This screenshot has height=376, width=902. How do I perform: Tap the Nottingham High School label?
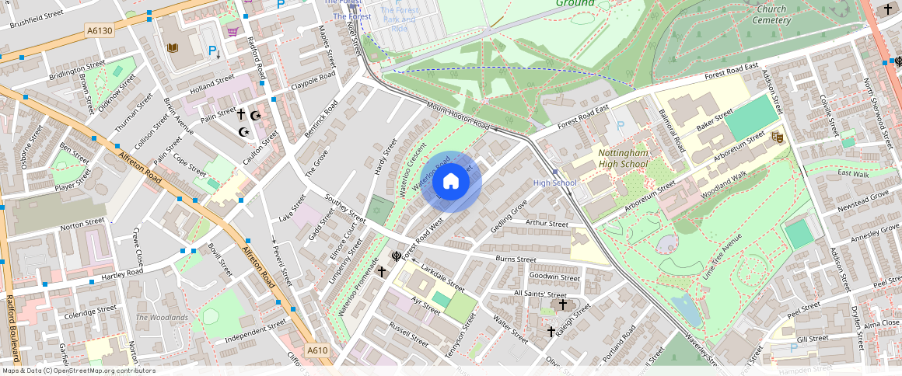click(622, 158)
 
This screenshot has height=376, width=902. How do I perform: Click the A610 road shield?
click(316, 350)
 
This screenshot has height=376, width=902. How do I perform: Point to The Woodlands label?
click(162, 318)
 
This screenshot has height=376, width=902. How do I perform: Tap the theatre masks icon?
click(776, 138)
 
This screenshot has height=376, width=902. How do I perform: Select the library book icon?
click(173, 48)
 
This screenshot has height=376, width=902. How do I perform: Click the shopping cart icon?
click(232, 32)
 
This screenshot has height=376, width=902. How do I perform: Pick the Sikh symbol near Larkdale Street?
click(396, 256)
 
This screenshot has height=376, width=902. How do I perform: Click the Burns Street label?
click(516, 259)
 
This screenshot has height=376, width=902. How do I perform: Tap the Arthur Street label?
click(547, 224)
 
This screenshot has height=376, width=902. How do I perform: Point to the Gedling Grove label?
click(509, 216)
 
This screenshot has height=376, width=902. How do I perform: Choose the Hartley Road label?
click(122, 273)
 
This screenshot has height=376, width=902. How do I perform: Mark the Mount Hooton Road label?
click(458, 117)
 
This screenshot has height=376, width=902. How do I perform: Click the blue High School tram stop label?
click(554, 183)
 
